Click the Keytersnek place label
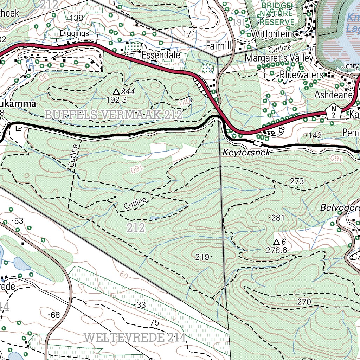pos(246,153)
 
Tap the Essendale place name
pos(161,55)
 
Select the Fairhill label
pos(219,46)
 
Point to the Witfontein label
pos(272,34)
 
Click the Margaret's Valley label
pos(279,57)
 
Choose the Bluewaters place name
pos(301,75)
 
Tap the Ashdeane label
pos(333,95)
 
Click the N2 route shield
pos(333,112)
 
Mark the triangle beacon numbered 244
pos(116,91)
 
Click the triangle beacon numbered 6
pos(277,242)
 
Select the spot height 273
pos(297,181)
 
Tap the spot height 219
pos(202,257)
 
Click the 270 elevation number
pos(304,302)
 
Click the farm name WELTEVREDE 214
pos(135,338)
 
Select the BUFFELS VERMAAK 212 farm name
pos(114,114)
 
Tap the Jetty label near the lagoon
pos(350,66)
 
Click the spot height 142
pos(315,135)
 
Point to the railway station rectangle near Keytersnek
pos(258,143)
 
